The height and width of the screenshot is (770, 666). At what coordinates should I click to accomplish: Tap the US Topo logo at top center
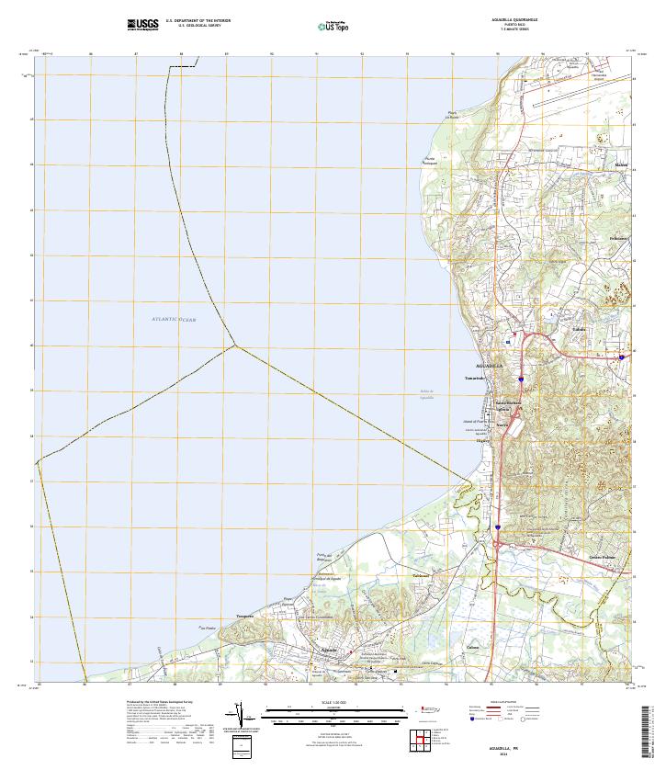pos(333,26)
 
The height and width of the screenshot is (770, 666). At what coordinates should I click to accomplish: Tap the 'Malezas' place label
pos(622,164)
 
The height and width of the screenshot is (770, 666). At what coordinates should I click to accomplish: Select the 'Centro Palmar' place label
pos(601,557)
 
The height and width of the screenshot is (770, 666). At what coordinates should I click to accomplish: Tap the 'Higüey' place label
pos(482,440)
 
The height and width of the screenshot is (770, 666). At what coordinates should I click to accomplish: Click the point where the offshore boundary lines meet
pos(235,345)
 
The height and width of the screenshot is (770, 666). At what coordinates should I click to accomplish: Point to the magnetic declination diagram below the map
pos(241,715)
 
